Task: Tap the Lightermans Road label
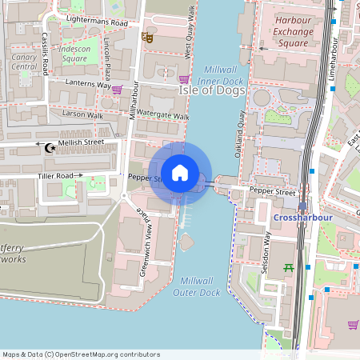click(97, 24)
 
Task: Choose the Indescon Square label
click(74, 54)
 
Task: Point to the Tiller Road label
click(55, 176)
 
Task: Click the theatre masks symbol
click(147, 37)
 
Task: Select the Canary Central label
click(25, 62)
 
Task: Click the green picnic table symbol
click(289, 268)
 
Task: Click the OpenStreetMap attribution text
click(81, 354)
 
